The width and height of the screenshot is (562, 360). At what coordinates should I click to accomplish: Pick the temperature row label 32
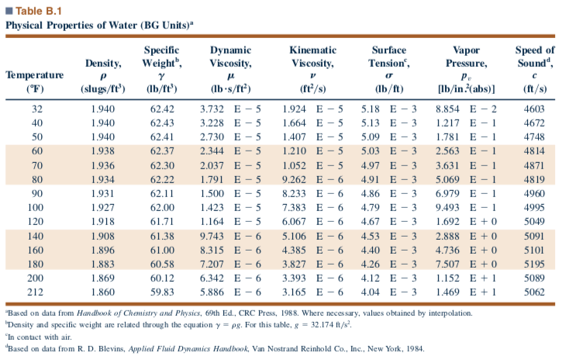click(x=35, y=109)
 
